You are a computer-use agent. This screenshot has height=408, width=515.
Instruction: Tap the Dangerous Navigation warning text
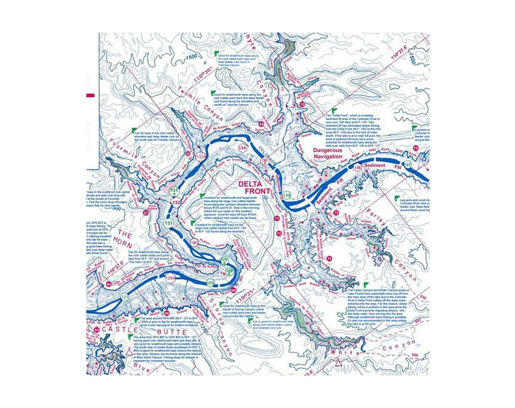coord(327,153)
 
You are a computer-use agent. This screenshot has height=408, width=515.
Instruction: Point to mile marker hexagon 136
coord(357,168)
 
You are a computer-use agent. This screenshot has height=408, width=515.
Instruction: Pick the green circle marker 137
coord(408,165)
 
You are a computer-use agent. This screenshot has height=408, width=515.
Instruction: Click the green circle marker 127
coord(125,297)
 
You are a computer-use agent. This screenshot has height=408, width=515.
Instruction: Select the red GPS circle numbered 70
coord(302,105)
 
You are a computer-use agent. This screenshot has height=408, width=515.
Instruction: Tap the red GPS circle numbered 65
coord(167,313)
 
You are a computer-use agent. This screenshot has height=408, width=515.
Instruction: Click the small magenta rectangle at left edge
coord(90,95)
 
